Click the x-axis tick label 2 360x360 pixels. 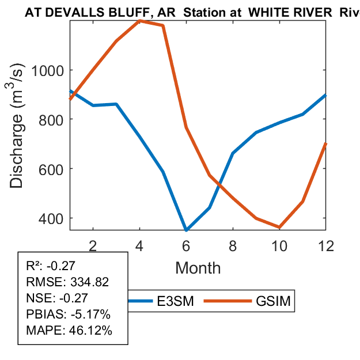93,246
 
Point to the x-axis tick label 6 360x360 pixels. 186,246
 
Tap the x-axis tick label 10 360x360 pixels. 279,246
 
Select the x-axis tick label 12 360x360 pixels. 326,246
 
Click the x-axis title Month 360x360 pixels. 198,268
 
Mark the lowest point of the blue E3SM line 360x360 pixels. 186,230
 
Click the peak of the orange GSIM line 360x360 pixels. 140,21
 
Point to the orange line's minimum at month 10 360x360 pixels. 279,228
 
